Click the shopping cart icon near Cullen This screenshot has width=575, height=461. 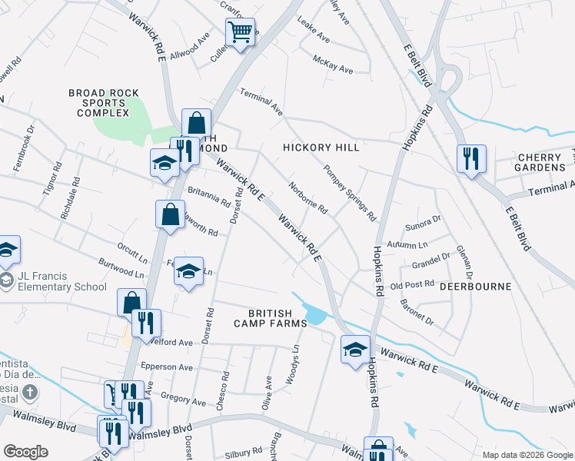[241, 33]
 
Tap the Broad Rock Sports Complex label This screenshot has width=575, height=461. [98, 103]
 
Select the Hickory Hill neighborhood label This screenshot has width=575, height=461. [321, 148]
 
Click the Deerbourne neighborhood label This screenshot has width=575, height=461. [475, 287]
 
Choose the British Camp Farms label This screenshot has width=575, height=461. [270, 318]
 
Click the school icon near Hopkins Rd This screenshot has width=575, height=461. [355, 350]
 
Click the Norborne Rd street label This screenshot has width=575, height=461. [308, 197]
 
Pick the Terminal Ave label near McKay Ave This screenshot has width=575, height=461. [261, 102]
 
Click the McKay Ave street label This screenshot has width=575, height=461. [333, 64]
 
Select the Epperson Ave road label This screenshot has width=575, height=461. [167, 367]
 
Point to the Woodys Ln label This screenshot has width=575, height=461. [294, 358]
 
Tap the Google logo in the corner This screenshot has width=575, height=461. [25, 452]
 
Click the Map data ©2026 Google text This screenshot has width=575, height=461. [526, 455]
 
